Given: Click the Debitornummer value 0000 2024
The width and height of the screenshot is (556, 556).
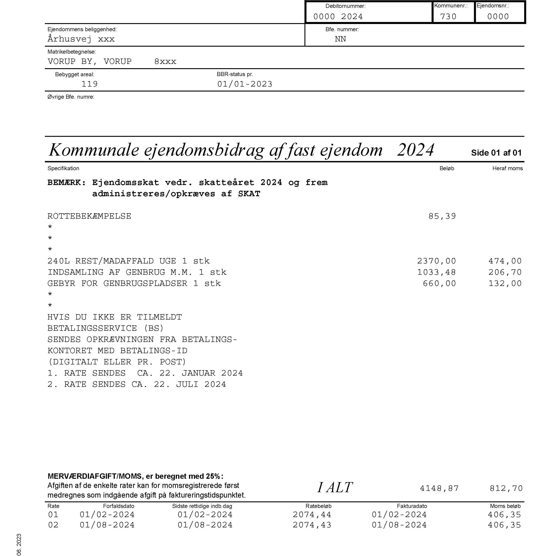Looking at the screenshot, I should point(338,17).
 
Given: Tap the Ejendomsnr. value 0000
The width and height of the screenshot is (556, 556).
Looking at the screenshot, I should point(498,17).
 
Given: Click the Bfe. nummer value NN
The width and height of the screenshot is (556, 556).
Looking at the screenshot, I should point(340,39).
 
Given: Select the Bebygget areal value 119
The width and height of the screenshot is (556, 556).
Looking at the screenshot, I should point(89,84).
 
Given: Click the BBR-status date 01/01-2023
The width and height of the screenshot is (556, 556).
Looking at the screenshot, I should point(245,84).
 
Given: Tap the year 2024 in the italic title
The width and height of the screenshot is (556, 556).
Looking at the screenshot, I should point(415,150).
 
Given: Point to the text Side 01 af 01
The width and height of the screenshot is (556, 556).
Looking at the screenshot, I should point(496,153).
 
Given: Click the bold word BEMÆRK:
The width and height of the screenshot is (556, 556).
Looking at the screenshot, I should point(67,182).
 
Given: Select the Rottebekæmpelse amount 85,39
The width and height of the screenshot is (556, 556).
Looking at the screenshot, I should point(442,216).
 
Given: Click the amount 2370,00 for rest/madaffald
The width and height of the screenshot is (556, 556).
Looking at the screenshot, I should point(436,261).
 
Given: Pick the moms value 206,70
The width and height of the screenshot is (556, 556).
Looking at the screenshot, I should point(505,272).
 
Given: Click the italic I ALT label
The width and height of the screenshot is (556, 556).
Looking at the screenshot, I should point(335,488).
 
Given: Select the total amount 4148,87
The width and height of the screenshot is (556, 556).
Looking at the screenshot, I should point(439,488).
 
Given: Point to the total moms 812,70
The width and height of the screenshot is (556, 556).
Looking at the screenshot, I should point(506,488).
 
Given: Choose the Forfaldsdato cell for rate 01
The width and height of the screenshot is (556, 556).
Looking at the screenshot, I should point(107,515).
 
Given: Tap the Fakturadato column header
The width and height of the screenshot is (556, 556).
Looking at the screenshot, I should point(412,506).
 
